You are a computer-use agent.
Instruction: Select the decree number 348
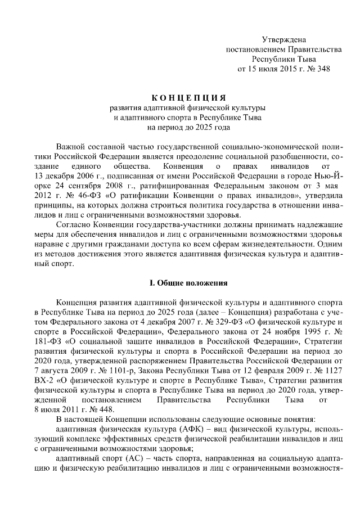[323, 70]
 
